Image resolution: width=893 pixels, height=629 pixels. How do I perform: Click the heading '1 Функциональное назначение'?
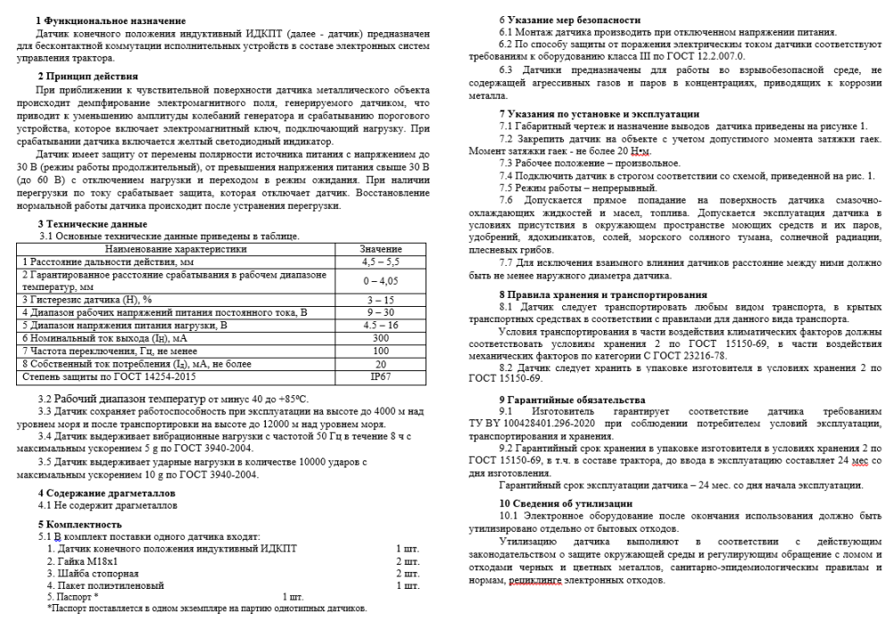click(x=110, y=21)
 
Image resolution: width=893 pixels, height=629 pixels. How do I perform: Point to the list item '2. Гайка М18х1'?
click(x=88, y=561)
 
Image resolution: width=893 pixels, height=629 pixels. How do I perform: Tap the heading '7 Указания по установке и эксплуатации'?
click(x=599, y=114)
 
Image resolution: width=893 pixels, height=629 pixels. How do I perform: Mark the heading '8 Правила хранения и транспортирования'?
click(x=603, y=294)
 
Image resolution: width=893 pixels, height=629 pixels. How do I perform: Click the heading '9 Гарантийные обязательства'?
click(x=571, y=400)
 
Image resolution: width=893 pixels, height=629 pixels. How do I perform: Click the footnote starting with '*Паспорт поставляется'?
click(x=207, y=608)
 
